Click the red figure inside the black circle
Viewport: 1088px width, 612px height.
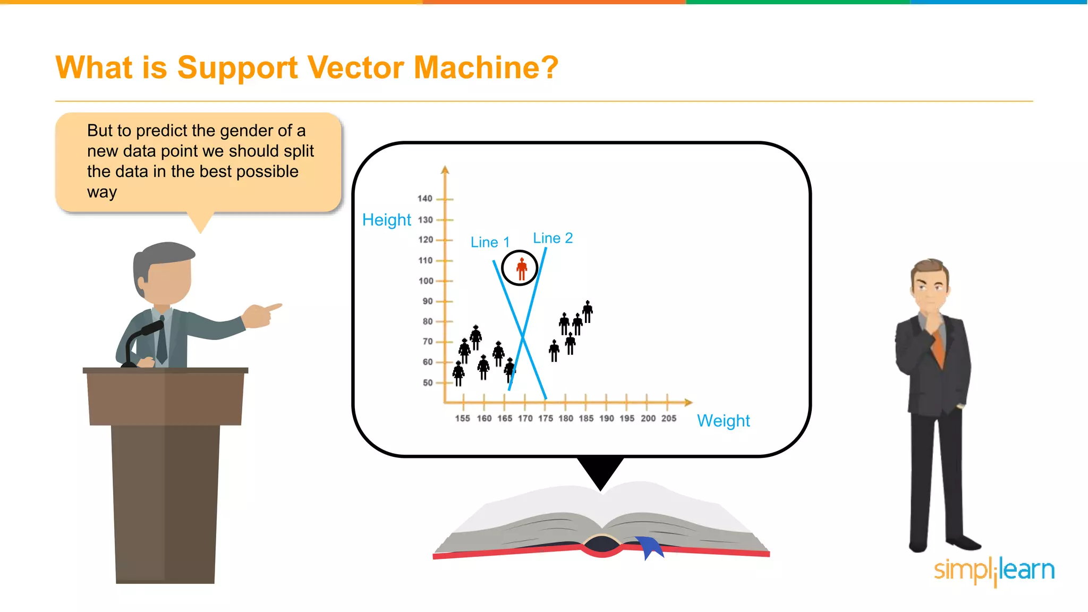pyautogui.click(x=522, y=269)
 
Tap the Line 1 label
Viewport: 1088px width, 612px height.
pyautogui.click(x=490, y=242)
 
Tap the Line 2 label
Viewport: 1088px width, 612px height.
pyautogui.click(x=552, y=238)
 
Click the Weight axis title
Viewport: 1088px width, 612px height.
pyautogui.click(x=723, y=421)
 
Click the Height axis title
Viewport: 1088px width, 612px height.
pyautogui.click(x=386, y=220)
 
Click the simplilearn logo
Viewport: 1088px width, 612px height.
pyautogui.click(x=994, y=571)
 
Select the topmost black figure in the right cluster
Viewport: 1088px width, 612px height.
pyautogui.click(x=588, y=311)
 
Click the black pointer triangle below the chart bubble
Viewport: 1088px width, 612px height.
pyautogui.click(x=600, y=471)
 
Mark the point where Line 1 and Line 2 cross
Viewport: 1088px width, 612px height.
pyautogui.click(x=523, y=336)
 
